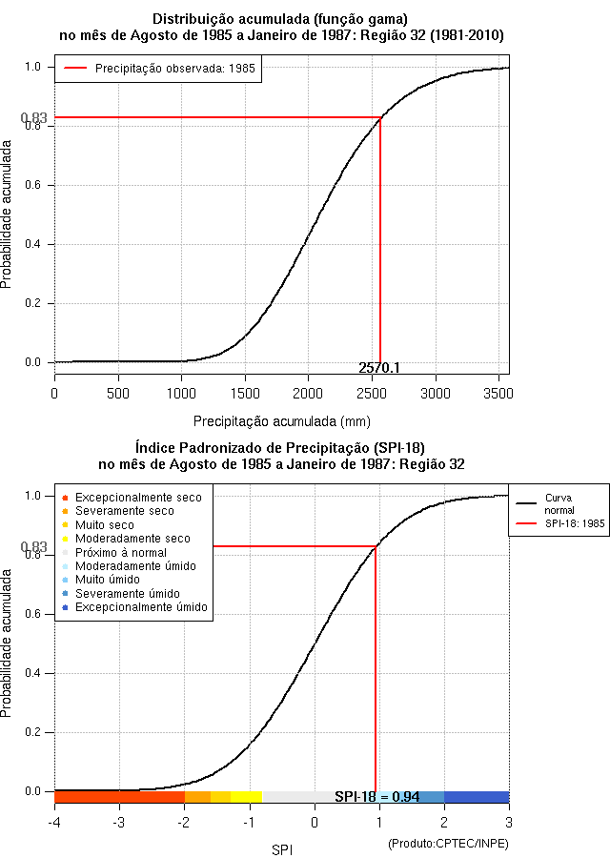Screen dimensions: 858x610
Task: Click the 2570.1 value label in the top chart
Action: (379, 368)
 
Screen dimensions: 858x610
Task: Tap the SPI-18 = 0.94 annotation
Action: (377, 797)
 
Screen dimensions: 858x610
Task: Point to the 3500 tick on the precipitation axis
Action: (498, 393)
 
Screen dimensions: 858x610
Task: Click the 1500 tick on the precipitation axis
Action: (245, 393)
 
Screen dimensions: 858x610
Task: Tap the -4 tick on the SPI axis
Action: (54, 822)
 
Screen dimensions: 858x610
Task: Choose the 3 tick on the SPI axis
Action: (508, 822)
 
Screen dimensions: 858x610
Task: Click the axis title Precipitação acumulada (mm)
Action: (282, 420)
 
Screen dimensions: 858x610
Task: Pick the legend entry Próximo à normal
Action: (120, 552)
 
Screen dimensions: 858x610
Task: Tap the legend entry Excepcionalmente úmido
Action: (141, 607)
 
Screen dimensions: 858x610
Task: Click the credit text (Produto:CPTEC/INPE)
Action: (448, 844)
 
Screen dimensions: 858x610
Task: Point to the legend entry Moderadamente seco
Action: (132, 539)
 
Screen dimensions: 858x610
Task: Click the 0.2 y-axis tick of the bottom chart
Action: (34, 732)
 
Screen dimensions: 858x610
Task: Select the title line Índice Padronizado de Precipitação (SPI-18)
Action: (281, 447)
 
